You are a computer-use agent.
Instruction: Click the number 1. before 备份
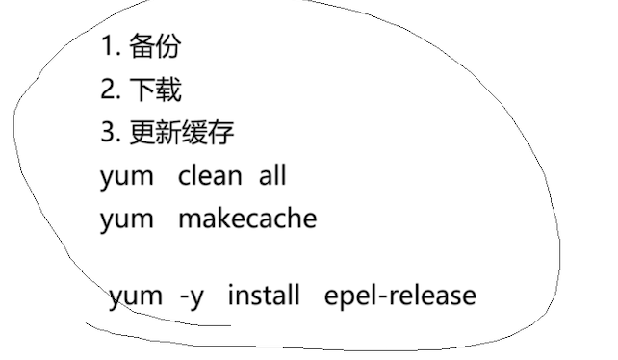coord(109,45)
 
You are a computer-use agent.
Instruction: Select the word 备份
coord(154,45)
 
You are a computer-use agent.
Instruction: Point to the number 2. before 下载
coord(110,90)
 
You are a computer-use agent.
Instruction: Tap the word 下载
coord(154,90)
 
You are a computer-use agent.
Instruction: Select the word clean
coord(210,177)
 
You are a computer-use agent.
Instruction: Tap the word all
coord(272,177)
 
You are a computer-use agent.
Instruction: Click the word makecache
coord(247,219)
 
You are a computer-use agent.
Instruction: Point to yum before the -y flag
coord(136,296)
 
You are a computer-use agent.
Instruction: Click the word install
coord(264,295)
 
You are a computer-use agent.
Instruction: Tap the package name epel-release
coord(400,295)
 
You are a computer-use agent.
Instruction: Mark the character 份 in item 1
coord(167,45)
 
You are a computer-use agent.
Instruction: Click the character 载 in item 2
coord(167,90)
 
